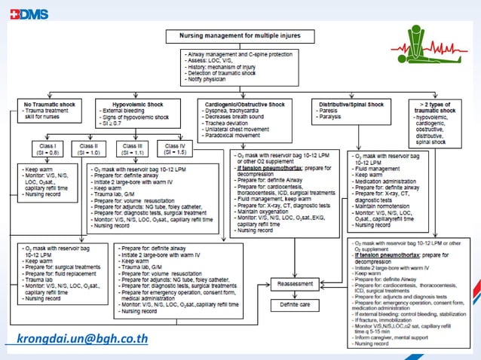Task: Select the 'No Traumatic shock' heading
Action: [47, 104]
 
